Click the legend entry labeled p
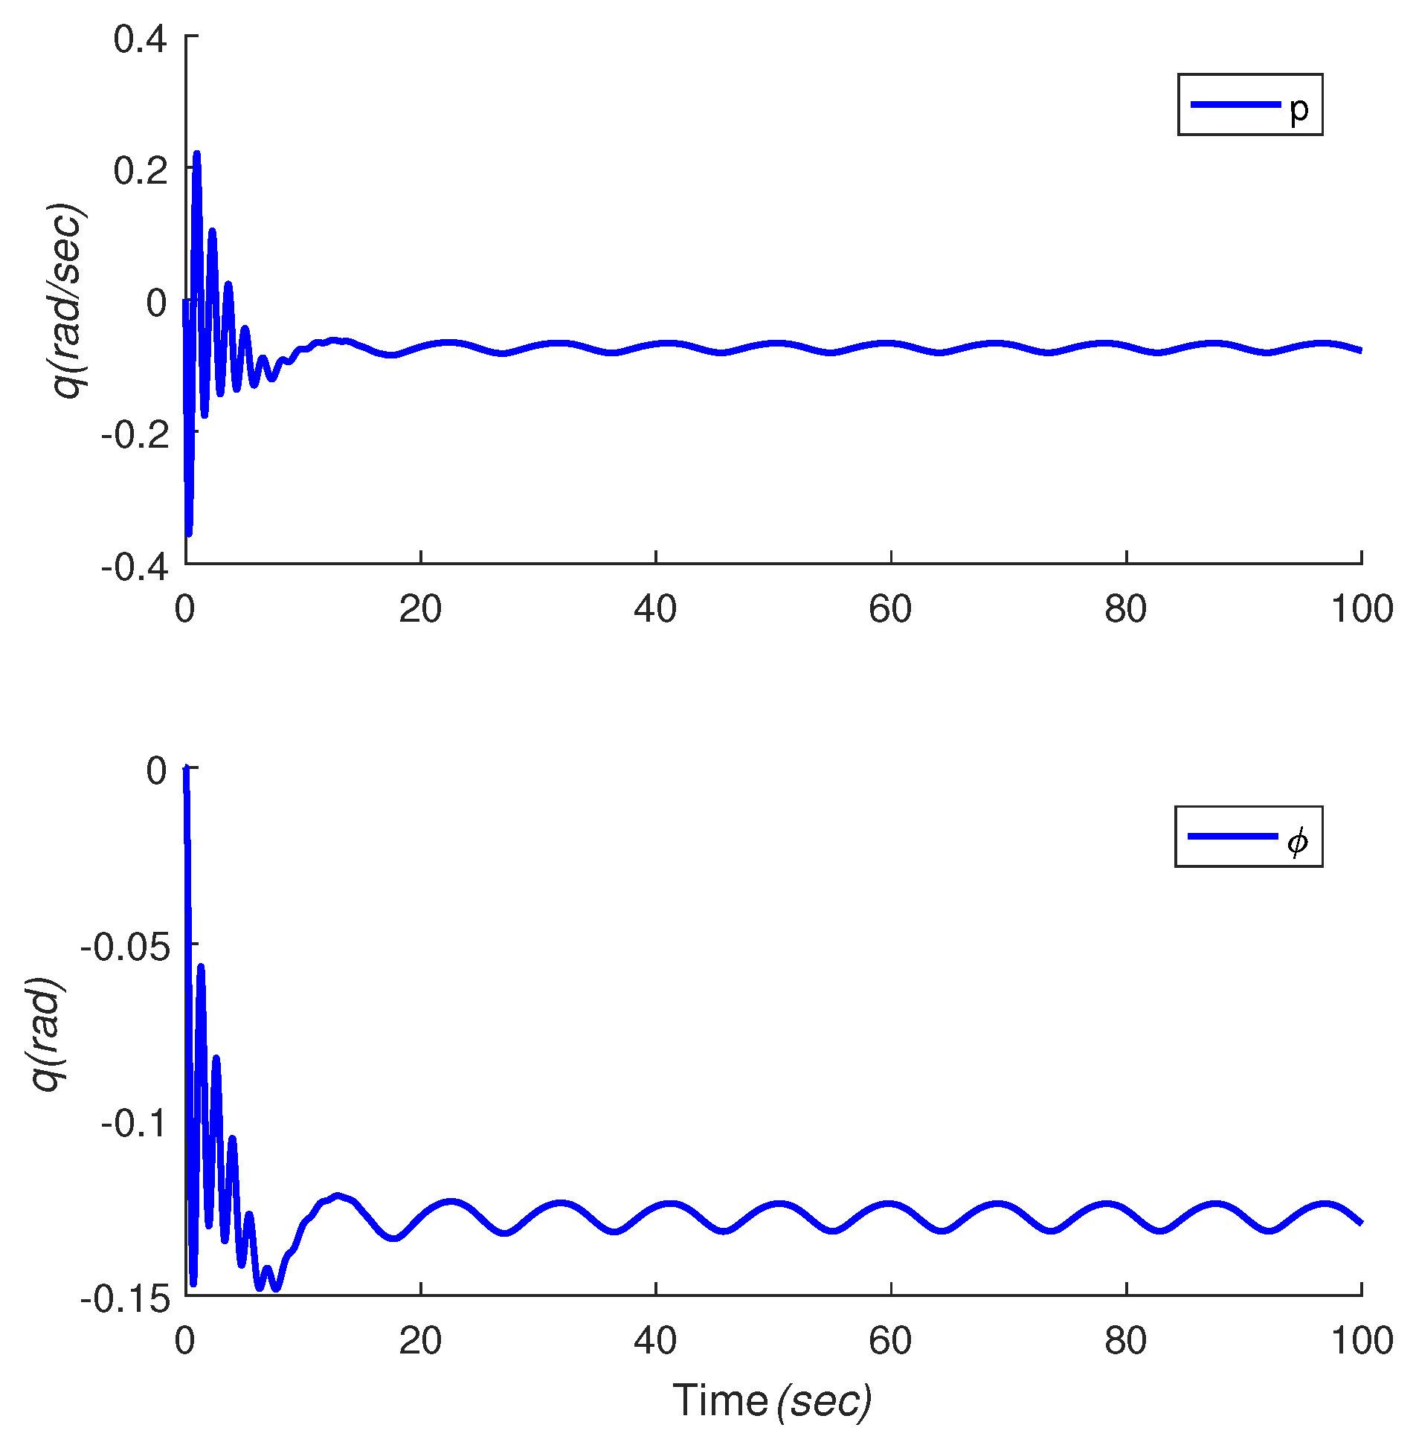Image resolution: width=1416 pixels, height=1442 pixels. (1249, 105)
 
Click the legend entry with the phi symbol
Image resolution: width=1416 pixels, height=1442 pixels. (1249, 837)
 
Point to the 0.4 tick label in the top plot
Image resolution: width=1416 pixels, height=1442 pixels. (140, 39)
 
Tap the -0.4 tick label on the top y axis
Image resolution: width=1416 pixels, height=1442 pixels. (134, 567)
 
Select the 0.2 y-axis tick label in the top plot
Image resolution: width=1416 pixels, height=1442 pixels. (140, 170)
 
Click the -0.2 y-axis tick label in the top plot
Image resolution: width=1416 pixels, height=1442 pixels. (134, 434)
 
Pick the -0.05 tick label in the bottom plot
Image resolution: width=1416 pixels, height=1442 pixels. (124, 946)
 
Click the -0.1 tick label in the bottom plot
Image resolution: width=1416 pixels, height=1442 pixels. (135, 1122)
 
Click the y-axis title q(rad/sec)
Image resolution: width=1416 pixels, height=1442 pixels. (68, 300)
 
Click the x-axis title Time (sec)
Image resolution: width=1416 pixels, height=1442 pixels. (772, 1401)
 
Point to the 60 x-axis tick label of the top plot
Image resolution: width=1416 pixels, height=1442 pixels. (890, 610)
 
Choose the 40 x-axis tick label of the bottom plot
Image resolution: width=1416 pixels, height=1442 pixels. (655, 1342)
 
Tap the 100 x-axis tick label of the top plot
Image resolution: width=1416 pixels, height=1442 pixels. (1361, 610)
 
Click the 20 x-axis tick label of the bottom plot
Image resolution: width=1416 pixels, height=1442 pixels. (420, 1342)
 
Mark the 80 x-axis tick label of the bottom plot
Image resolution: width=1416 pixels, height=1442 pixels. (1125, 1342)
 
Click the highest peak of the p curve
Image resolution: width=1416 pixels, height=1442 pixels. (197, 153)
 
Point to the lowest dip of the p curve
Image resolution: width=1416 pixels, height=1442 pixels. (189, 533)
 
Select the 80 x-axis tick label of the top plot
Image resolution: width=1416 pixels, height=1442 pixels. (1125, 610)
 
